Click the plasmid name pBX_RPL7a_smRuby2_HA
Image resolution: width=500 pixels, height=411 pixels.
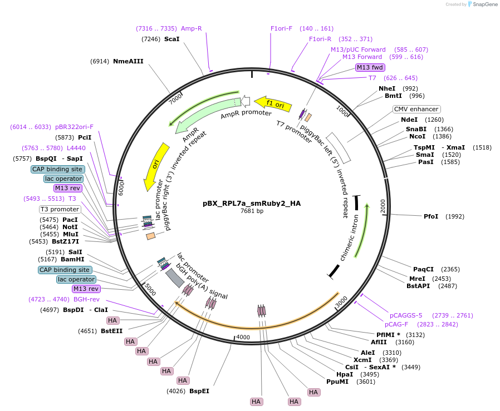(x=252, y=203)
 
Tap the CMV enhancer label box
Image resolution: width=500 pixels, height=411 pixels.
(x=416, y=109)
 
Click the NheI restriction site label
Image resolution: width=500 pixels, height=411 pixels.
(x=387, y=88)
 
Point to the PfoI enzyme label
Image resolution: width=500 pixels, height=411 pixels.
(x=431, y=216)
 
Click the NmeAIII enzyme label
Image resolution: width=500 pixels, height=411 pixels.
(x=128, y=61)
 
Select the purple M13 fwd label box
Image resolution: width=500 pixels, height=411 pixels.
(x=370, y=67)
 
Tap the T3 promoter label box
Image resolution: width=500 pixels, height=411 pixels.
(x=60, y=209)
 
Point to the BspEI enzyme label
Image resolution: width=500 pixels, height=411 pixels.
(x=199, y=391)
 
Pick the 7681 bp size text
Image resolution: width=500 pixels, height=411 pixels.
(x=252, y=211)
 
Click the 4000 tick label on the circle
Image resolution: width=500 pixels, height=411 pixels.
(x=243, y=337)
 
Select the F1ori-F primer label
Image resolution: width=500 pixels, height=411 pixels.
(x=281, y=28)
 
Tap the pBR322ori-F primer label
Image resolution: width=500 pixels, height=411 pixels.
(x=74, y=127)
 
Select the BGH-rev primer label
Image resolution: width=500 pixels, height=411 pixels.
(x=86, y=299)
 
